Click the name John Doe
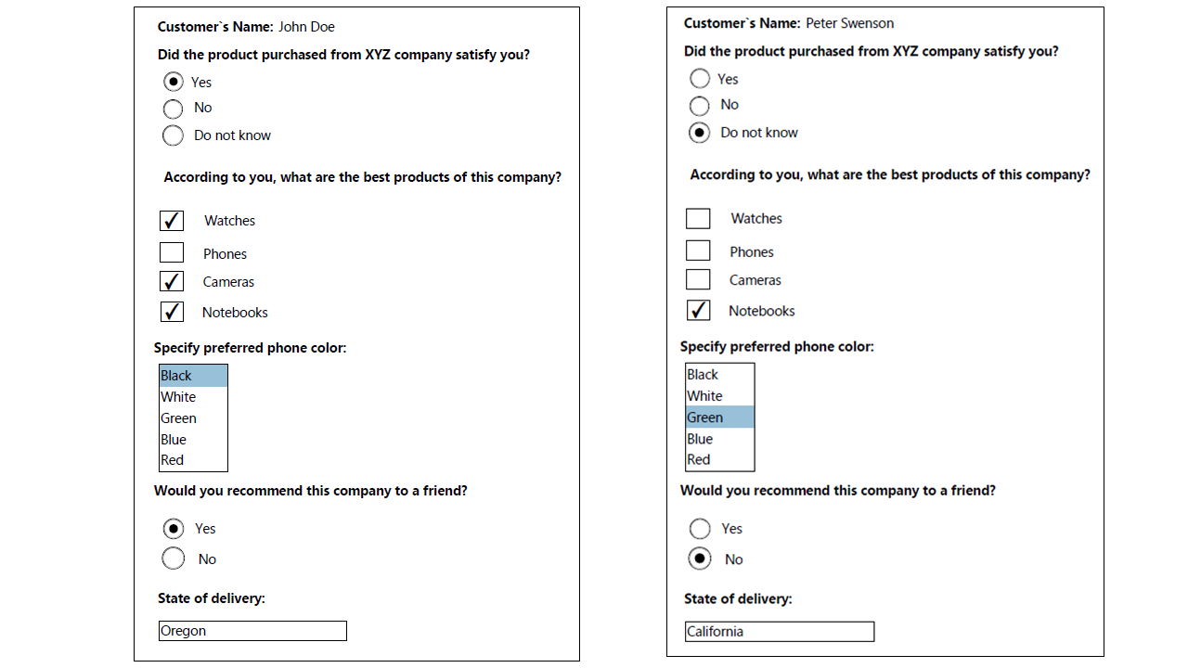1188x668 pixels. pyautogui.click(x=306, y=27)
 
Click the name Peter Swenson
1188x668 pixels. pyautogui.click(x=849, y=23)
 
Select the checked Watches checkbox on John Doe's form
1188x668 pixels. pyautogui.click(x=172, y=221)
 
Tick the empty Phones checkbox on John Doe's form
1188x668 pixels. pyautogui.click(x=172, y=252)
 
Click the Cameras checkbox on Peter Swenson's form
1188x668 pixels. pyautogui.click(x=698, y=279)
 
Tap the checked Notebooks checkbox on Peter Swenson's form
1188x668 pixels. pyautogui.click(x=698, y=311)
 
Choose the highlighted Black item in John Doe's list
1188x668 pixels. pyautogui.click(x=193, y=376)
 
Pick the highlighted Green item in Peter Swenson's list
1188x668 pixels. pyautogui.click(x=719, y=417)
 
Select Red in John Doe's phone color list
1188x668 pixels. pyautogui.click(x=174, y=460)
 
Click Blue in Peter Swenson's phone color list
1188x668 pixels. pyautogui.click(x=701, y=439)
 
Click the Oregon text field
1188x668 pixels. pyautogui.click(x=252, y=631)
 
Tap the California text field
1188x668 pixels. pyautogui.click(x=780, y=632)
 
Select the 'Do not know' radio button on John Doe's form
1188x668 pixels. pyautogui.click(x=173, y=135)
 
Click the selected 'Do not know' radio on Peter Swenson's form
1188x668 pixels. pyautogui.click(x=700, y=133)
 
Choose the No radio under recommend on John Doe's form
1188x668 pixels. pyautogui.click(x=173, y=559)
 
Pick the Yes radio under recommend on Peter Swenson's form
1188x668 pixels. pyautogui.click(x=700, y=529)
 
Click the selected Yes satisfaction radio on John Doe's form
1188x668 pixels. pyautogui.click(x=173, y=82)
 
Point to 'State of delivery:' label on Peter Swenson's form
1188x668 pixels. pyautogui.click(x=738, y=599)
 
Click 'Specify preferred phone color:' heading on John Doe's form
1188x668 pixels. pyautogui.click(x=250, y=349)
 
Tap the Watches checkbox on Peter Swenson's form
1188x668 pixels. pyautogui.click(x=698, y=219)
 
